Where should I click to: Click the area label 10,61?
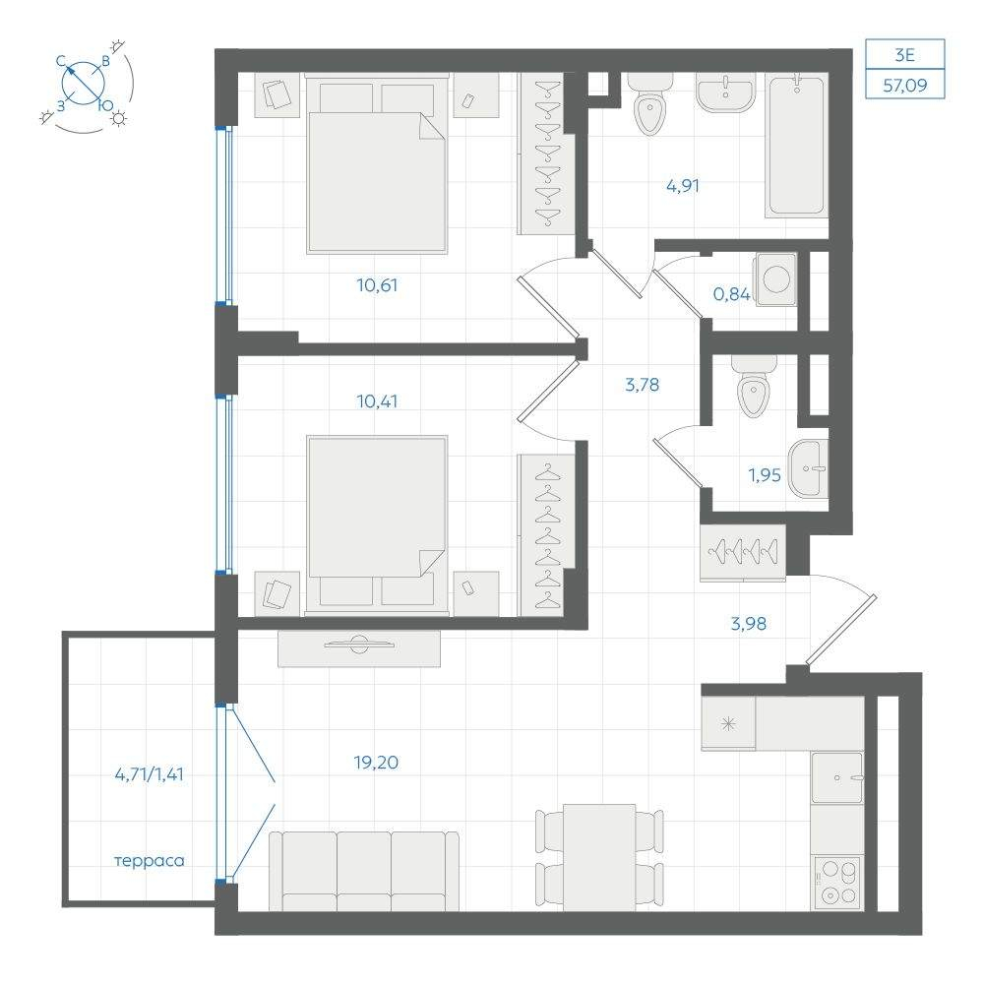point(377,285)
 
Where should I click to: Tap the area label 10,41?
point(377,401)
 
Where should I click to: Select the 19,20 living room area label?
point(376,763)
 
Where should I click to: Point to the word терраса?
point(150,860)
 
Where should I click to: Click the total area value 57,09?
point(905,85)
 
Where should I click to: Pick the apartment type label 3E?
point(904,55)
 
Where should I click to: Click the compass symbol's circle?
point(84,83)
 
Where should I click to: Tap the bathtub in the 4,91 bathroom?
point(795,146)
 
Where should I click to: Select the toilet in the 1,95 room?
point(754,387)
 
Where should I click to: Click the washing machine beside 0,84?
point(775,279)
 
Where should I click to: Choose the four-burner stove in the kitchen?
point(837,882)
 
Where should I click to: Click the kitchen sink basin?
point(837,778)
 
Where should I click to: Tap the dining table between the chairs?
point(600,857)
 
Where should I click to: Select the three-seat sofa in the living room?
point(364,871)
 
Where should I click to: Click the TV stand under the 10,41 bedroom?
point(359,648)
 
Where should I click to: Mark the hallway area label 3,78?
point(642,385)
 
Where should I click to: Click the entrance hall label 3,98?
point(749,624)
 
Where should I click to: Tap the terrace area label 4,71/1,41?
point(150,774)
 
